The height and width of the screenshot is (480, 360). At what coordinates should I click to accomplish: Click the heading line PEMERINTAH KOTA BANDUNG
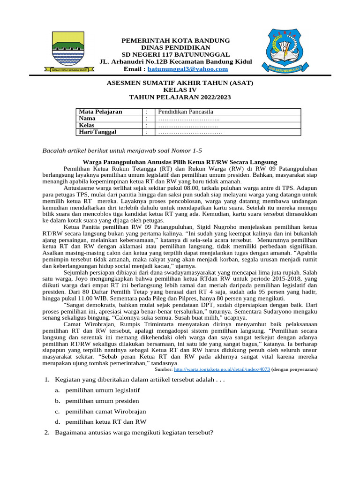click(176, 40)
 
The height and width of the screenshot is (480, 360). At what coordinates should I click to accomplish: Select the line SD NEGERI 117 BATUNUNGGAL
click(176, 54)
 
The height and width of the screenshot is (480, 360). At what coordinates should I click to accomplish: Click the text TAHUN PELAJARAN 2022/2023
click(180, 97)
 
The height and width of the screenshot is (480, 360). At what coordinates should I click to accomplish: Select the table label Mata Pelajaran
click(100, 112)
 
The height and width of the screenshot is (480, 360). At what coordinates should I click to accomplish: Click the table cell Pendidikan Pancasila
click(186, 112)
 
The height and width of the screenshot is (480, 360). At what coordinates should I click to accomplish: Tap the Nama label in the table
click(88, 119)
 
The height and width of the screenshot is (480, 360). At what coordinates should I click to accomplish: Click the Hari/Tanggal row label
click(97, 132)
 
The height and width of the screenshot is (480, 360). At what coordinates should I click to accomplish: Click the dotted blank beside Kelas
click(188, 126)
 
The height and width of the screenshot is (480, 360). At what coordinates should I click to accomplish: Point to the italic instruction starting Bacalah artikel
click(122, 150)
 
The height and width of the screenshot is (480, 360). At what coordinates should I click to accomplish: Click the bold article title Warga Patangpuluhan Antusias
click(180, 162)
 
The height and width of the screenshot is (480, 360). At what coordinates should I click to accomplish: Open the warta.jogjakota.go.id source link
click(222, 369)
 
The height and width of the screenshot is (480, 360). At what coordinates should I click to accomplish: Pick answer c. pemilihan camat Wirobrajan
click(106, 411)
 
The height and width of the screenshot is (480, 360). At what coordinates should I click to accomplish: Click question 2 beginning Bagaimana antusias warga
click(134, 432)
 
